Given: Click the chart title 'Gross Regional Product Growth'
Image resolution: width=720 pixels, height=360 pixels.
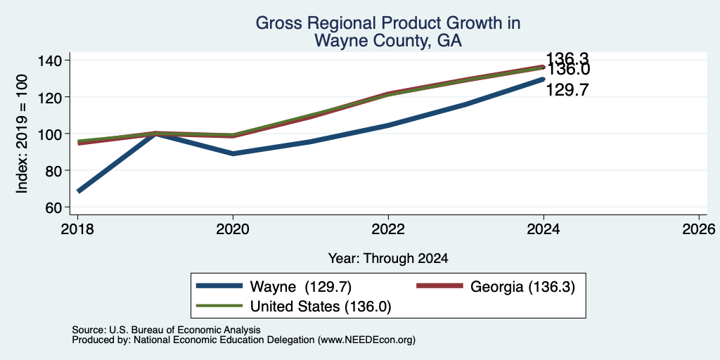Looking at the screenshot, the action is [x=387, y=23].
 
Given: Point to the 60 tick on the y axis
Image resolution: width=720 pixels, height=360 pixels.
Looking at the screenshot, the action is [x=67, y=207].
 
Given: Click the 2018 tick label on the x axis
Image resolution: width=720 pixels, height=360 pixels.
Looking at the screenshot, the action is [x=77, y=229].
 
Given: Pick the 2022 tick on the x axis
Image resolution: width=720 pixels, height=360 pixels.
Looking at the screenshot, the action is [x=388, y=217].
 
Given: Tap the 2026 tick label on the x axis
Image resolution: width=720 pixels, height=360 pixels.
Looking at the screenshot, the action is [x=700, y=229].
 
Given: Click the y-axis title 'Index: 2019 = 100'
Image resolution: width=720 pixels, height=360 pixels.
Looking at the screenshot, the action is [x=22, y=134].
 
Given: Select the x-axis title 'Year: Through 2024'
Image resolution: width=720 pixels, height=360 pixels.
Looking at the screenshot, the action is [x=388, y=259].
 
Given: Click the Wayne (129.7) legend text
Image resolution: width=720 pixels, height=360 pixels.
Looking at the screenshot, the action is [x=301, y=287].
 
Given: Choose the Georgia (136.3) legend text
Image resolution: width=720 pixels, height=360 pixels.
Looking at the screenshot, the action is [x=522, y=287].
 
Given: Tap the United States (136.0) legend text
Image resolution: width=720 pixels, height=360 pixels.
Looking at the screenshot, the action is [x=321, y=307].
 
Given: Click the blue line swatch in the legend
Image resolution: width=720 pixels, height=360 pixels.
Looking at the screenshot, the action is [x=219, y=285].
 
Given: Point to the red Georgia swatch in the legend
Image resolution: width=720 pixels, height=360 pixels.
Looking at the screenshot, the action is [x=439, y=285].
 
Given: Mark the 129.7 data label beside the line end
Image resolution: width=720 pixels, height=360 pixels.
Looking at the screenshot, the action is [x=567, y=90].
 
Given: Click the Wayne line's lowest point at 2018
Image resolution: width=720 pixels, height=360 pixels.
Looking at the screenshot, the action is [x=79, y=191].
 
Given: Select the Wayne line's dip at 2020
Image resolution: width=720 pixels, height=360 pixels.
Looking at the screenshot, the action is [x=233, y=154].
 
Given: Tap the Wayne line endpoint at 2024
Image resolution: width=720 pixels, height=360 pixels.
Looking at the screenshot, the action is [x=543, y=79].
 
